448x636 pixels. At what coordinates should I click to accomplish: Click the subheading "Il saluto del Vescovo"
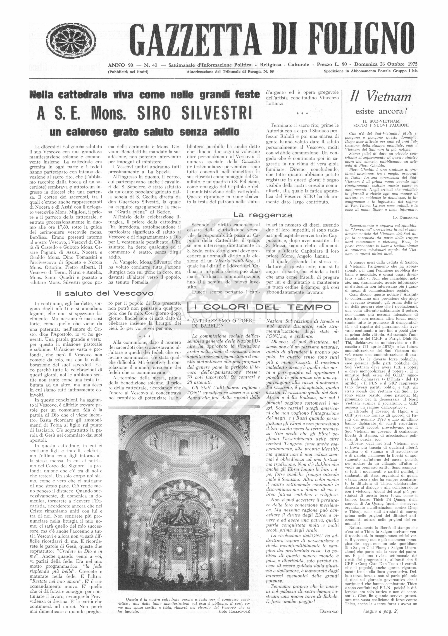(x=105, y=293)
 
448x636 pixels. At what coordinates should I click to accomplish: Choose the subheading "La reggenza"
(x=263, y=215)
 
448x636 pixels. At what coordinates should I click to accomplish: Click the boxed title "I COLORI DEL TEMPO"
(x=263, y=307)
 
